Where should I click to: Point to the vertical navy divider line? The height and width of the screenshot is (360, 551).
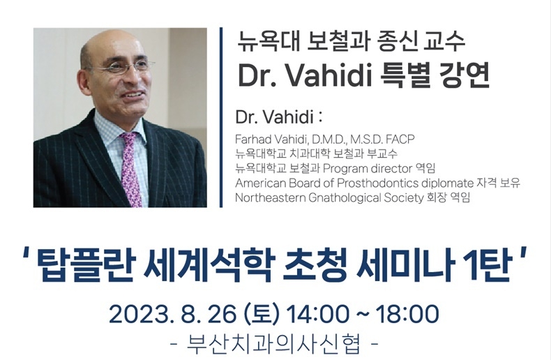pos(221,117)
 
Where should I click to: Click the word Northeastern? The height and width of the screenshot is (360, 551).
pos(270,198)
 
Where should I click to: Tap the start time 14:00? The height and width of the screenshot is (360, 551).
pos(317,315)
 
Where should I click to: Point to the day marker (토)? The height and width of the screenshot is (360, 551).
pos(262,315)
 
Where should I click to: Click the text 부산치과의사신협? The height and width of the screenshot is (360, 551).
pos(274,345)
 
